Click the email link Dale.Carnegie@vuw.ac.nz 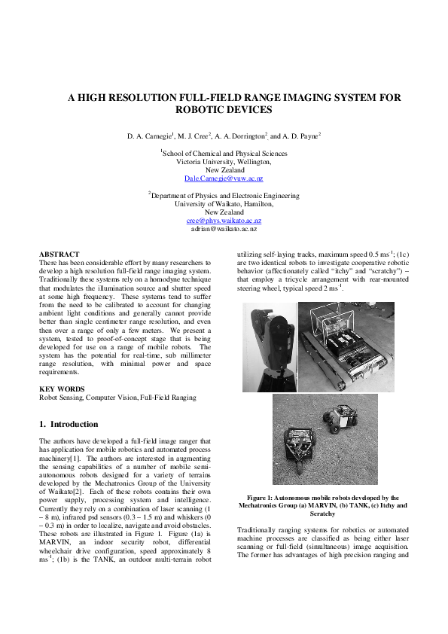coord(224,178)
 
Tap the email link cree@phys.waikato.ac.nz coord(224,219)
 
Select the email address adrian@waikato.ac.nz coord(224,228)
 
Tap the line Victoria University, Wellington coord(224,161)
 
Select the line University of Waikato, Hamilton coord(224,203)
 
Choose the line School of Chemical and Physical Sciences coord(224,153)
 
